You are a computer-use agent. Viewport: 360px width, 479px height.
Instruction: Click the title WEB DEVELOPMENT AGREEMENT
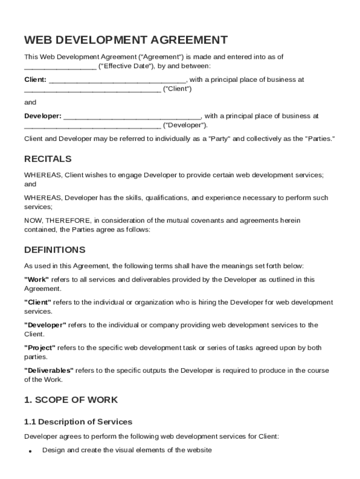click(x=126, y=40)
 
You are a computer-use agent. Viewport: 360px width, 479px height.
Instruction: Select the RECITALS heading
click(x=48, y=159)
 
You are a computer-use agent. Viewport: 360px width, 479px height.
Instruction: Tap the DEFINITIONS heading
click(x=55, y=250)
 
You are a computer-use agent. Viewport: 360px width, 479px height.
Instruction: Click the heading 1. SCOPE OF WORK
click(x=71, y=400)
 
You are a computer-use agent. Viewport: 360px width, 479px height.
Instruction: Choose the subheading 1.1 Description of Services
click(x=78, y=422)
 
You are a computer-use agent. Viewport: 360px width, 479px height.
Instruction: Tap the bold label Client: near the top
click(x=35, y=80)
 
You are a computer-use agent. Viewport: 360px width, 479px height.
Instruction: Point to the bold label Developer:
click(x=43, y=116)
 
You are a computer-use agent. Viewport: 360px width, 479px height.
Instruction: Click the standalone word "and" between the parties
click(x=30, y=102)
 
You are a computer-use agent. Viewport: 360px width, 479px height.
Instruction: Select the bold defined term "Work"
click(x=36, y=280)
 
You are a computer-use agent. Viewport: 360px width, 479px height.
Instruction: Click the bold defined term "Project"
click(x=40, y=348)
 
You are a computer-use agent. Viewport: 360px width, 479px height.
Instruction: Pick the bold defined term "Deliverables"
click(x=49, y=370)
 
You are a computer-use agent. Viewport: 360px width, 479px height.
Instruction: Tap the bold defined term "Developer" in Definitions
click(x=45, y=325)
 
